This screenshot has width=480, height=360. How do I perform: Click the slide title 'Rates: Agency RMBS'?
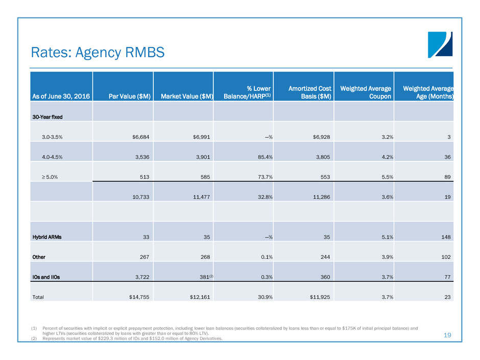point(98,52)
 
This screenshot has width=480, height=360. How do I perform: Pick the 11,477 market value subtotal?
point(198,197)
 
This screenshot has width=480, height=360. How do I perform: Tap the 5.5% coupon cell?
point(385,176)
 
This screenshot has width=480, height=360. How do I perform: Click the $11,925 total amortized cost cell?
point(319,296)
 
